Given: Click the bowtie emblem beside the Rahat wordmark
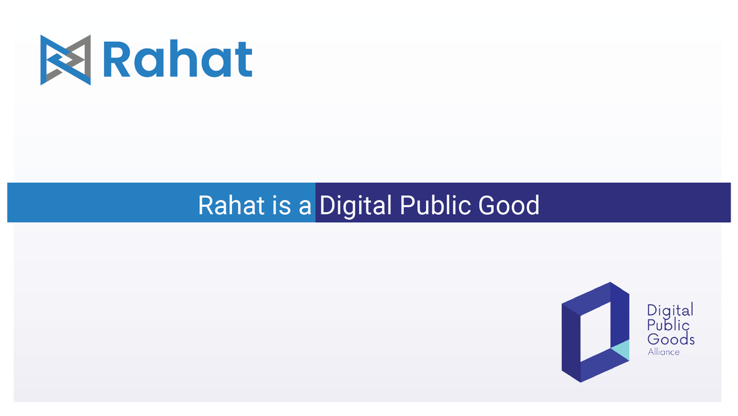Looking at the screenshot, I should click(x=66, y=60).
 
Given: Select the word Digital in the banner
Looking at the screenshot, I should click(x=355, y=205).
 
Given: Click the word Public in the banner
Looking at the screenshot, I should click(x=430, y=205).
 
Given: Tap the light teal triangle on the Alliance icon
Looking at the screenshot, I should click(x=621, y=349).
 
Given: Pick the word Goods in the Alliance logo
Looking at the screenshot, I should click(x=671, y=339).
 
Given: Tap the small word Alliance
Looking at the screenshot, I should click(x=663, y=352).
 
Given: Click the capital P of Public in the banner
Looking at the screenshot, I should click(x=407, y=205).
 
